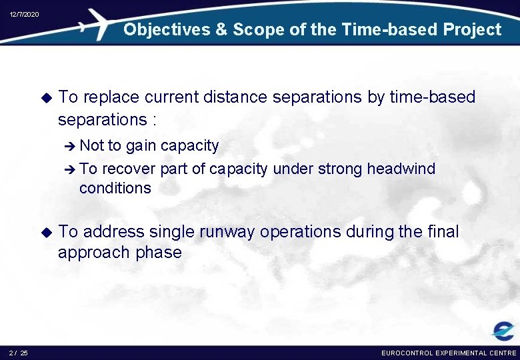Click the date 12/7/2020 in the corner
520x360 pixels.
pos(24,14)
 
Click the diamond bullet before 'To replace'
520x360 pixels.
pos(46,97)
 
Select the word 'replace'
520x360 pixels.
pos(111,97)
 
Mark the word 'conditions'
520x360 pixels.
pos(115,188)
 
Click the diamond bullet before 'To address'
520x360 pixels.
pos(46,232)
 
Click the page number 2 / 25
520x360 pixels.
pos(19,353)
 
